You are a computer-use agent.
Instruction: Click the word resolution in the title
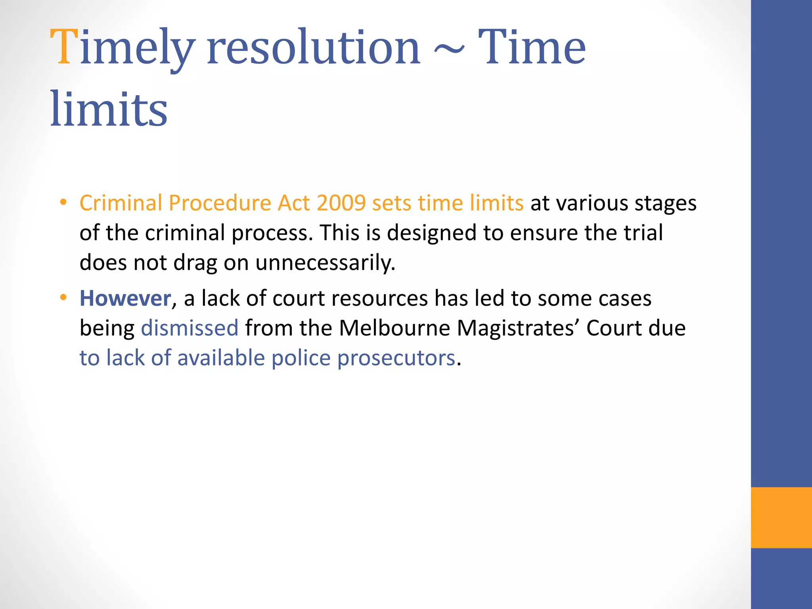pyautogui.click(x=313, y=48)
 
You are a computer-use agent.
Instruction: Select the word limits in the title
pyautogui.click(x=109, y=109)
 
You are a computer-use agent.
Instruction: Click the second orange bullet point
pyautogui.click(x=63, y=298)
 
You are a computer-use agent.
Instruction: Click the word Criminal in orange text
pyautogui.click(x=121, y=203)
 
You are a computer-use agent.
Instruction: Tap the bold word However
pyautogui.click(x=125, y=298)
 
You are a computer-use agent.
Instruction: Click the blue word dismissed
pyautogui.click(x=190, y=328)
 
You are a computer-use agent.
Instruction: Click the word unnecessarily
pyautogui.click(x=325, y=263)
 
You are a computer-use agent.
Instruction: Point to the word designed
pyautogui.click(x=431, y=233)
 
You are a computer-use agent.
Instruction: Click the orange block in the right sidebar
pyautogui.click(x=781, y=517)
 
